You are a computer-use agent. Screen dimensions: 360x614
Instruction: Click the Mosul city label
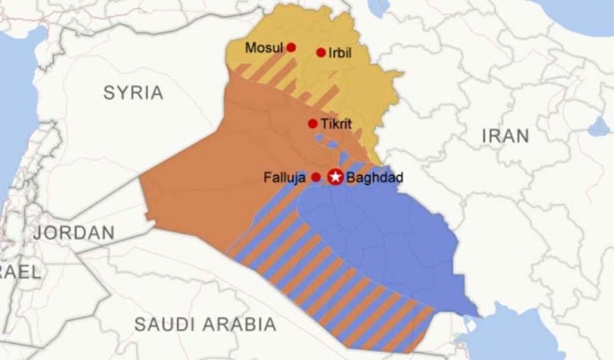(264, 48)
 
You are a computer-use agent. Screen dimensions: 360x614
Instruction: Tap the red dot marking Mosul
(291, 48)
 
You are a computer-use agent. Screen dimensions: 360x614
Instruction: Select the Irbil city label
(340, 53)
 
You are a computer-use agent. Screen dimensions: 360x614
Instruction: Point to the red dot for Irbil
(321, 53)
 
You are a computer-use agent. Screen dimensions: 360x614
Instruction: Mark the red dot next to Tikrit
(312, 124)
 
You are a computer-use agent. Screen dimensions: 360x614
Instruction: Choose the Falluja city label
(284, 178)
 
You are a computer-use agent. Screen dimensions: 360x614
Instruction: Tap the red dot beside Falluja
(316, 178)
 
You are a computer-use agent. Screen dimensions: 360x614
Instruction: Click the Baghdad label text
(375, 178)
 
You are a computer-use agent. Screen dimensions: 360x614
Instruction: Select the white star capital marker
(335, 177)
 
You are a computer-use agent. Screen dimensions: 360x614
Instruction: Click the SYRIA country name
(134, 93)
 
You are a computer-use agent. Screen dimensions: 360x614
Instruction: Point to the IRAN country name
(505, 135)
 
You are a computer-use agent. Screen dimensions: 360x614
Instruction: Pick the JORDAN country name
(74, 234)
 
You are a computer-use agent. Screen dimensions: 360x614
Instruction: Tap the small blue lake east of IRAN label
(601, 126)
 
